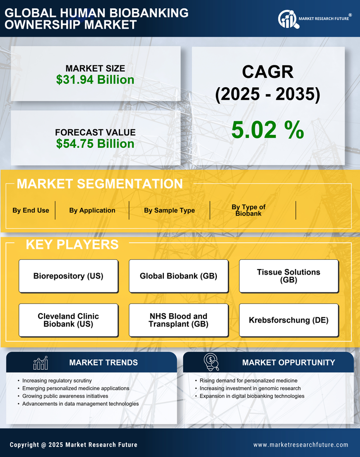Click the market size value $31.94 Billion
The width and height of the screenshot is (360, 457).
95,80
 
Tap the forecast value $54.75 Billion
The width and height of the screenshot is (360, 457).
95,144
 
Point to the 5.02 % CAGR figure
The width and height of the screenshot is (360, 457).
267,130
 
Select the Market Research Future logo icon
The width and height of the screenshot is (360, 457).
287,19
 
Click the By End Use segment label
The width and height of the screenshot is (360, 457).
31,210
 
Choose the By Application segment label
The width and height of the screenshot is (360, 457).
92,210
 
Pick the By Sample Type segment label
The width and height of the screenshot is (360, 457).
169,210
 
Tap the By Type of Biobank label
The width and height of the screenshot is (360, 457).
249,210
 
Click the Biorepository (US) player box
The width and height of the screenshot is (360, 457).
68,276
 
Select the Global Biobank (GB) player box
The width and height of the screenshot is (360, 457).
178,276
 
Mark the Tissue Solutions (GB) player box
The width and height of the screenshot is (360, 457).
289,276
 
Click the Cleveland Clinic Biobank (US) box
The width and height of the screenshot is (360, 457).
68,320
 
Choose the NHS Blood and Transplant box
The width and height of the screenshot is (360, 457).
178,320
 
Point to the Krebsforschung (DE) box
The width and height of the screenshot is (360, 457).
289,320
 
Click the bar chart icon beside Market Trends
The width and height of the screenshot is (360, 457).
41,363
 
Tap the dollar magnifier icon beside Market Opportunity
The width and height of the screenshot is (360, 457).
211,362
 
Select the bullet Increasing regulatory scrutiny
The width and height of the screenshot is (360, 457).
57,381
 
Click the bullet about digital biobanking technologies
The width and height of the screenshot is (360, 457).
252,396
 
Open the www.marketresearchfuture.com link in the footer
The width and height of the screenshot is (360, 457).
301,445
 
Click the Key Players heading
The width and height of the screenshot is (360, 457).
72,244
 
